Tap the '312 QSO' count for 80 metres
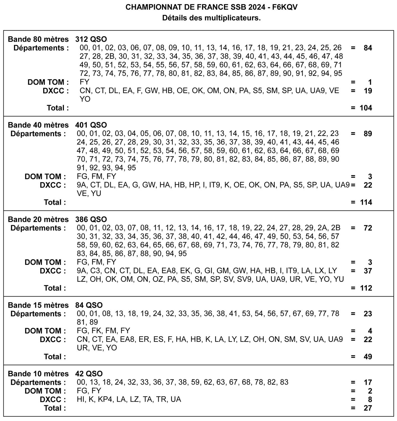coord(91,39)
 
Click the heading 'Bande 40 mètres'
coord(38,125)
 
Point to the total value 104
coord(366,108)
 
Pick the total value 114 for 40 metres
coord(366,202)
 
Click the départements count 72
coord(368,228)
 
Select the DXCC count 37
coord(368,271)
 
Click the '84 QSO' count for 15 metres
coord(89,305)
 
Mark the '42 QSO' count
coord(89,374)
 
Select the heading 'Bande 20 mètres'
coord(38,219)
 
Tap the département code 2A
coord(322,228)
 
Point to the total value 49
coord(368,357)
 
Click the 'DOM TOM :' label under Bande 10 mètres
coord(45,391)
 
